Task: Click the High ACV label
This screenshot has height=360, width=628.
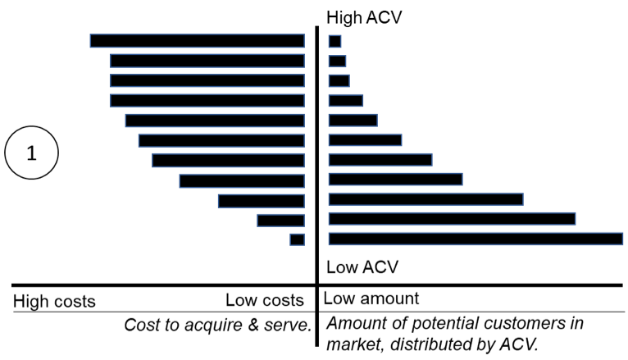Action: pyautogui.click(x=364, y=16)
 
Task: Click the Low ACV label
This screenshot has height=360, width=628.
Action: pyautogui.click(x=362, y=267)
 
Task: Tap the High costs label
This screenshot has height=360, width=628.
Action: pyautogui.click(x=54, y=301)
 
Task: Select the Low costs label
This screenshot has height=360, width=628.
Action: pyautogui.click(x=265, y=301)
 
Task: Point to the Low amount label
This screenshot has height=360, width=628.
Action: pyautogui.click(x=372, y=299)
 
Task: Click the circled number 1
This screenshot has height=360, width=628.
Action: pyautogui.click(x=32, y=153)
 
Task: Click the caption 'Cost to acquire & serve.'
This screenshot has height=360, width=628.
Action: pyautogui.click(x=218, y=325)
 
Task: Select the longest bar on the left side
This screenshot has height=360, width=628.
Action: pyautogui.click(x=197, y=40)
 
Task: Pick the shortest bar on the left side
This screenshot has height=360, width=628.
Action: pyautogui.click(x=297, y=239)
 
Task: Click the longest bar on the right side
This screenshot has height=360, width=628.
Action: pyautogui.click(x=476, y=239)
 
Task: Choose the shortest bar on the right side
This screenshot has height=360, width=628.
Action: pyautogui.click(x=334, y=41)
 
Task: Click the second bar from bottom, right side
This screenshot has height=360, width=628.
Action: pyautogui.click(x=452, y=218)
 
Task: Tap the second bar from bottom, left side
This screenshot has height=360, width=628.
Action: pyautogui.click(x=280, y=220)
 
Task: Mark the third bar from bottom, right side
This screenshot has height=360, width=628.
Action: pyautogui.click(x=425, y=198)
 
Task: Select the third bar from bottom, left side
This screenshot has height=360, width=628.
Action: pyautogui.click(x=261, y=200)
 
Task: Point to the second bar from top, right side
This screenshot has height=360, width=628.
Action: pyautogui.click(x=337, y=61)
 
